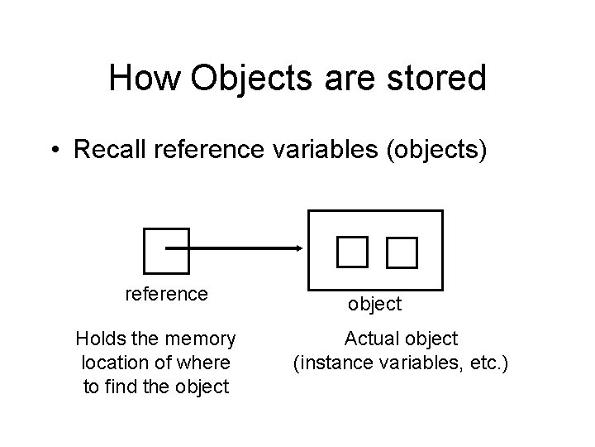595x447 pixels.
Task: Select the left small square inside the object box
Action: (x=351, y=249)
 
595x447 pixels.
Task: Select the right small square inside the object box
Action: (x=402, y=251)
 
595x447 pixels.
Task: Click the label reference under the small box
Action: (x=166, y=293)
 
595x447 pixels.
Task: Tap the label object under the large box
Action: (x=374, y=304)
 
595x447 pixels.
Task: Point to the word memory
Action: (x=202, y=339)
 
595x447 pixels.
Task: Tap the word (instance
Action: (x=329, y=362)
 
